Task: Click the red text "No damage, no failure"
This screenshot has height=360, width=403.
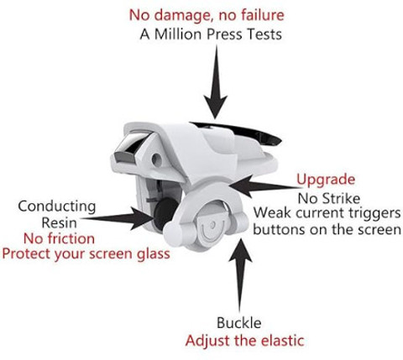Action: [x=207, y=15]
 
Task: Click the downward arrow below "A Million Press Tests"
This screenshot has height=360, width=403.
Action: [x=216, y=82]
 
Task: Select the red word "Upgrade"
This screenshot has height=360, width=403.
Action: [x=326, y=180]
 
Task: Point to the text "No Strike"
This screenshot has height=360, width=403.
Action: [x=329, y=198]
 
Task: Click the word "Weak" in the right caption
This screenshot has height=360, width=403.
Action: [x=271, y=213]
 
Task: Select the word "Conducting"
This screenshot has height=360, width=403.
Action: [x=57, y=207]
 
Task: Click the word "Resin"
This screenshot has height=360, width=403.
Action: [x=59, y=223]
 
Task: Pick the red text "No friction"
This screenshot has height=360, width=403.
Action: [x=59, y=238]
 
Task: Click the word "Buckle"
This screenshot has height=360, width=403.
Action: [x=239, y=323]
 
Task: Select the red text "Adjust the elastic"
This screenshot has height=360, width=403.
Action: [x=244, y=341]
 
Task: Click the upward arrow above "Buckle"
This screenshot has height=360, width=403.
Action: [x=240, y=275]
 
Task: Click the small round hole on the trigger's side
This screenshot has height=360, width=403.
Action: [x=156, y=159]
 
